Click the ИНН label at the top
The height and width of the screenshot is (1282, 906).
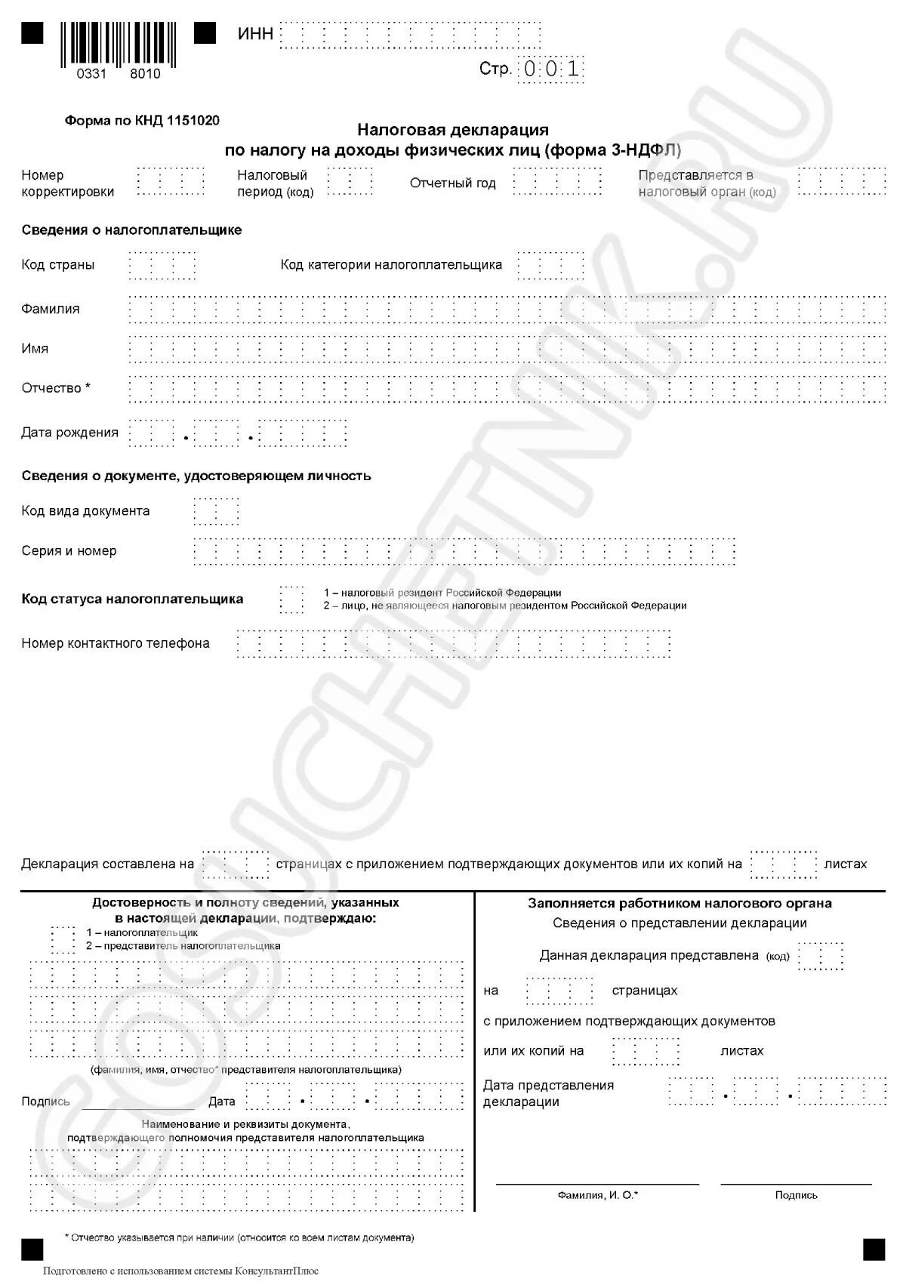tap(255, 34)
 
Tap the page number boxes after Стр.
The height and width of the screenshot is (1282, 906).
tap(552, 69)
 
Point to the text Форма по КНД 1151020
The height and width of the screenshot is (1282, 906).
tap(142, 120)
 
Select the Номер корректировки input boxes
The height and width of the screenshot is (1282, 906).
tap(171, 182)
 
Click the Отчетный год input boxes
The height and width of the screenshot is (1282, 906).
tap(557, 182)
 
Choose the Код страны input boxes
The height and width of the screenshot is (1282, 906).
tap(162, 265)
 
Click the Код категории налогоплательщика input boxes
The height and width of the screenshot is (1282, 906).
tap(550, 265)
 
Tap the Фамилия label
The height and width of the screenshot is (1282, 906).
tap(51, 309)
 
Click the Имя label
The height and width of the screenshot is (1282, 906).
tap(35, 349)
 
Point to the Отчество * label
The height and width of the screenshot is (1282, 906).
tap(56, 388)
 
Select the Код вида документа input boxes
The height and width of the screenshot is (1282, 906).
tap(216, 511)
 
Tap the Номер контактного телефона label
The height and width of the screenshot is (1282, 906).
tap(116, 643)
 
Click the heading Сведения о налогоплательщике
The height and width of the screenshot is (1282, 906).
tap(131, 230)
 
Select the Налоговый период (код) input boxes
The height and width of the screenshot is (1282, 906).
tap(350, 182)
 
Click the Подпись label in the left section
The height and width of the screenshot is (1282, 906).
tap(45, 1102)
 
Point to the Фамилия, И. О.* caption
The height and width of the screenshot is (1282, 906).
tap(597, 1195)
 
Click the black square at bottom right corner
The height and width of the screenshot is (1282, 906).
tap(874, 1250)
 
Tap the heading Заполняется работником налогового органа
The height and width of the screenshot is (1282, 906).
tap(679, 903)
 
